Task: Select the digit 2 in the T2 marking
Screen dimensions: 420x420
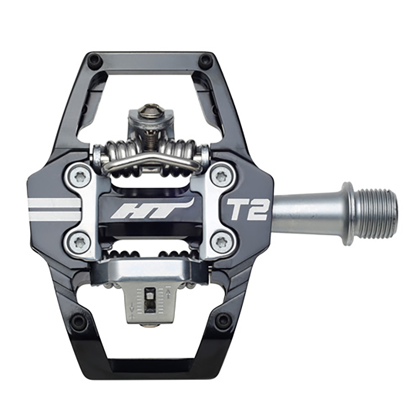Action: point(257,209)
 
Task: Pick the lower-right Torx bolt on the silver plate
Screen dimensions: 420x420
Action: point(221,242)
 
